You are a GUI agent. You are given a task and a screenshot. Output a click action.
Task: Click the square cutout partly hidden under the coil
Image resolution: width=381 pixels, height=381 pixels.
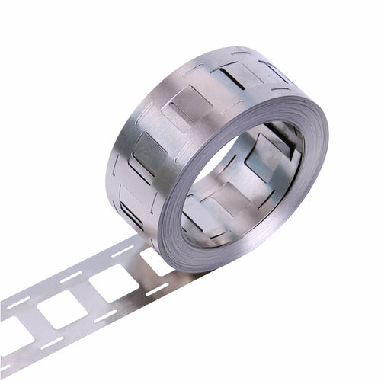point(156,261)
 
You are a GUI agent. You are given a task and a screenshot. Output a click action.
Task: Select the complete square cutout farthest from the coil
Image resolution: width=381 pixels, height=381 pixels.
point(60,309)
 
